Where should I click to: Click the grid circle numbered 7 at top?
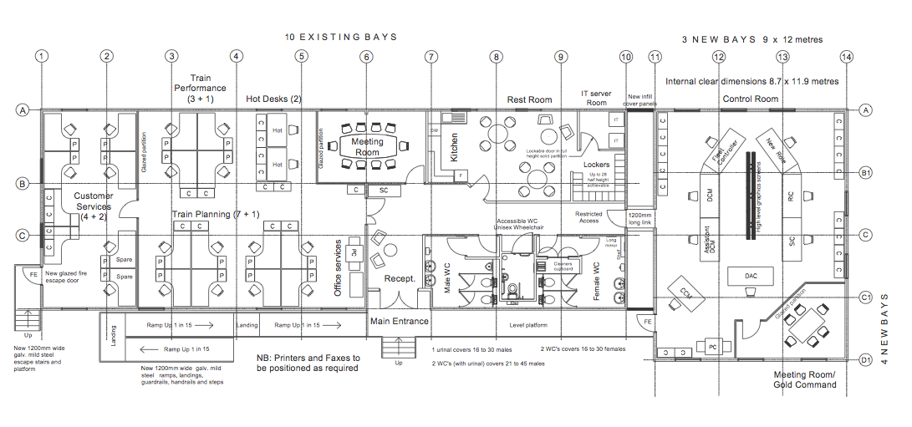(431, 57)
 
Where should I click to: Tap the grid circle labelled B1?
(866, 174)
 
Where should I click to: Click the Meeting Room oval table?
(367, 146)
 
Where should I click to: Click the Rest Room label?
(529, 99)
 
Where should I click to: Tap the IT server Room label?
(596, 98)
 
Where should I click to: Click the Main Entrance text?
(399, 321)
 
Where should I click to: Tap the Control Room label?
(750, 99)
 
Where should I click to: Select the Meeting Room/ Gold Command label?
(804, 379)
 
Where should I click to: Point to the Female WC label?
(597, 281)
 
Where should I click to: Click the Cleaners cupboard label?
(563, 266)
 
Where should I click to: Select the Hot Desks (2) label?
(273, 99)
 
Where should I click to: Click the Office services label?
(339, 268)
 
